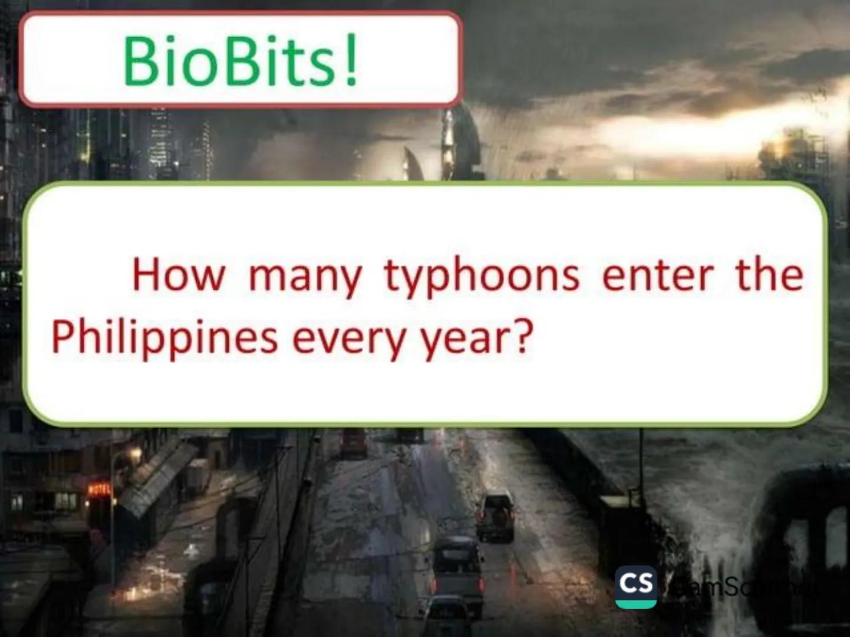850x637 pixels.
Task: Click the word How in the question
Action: [178, 275]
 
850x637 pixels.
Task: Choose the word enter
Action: [657, 275]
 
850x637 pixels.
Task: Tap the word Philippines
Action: [164, 339]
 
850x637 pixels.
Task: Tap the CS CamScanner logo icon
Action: [635, 586]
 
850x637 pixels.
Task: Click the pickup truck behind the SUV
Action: [456, 566]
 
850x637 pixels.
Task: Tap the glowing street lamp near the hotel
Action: [136, 454]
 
